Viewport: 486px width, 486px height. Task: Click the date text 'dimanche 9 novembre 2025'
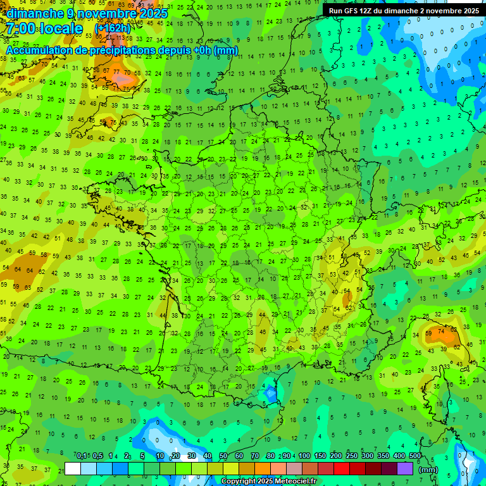coord(87,13)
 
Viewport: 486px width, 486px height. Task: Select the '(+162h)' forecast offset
coord(113,28)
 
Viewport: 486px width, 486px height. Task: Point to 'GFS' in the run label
coord(351,11)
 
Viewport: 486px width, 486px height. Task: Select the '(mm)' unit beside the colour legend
coord(428,470)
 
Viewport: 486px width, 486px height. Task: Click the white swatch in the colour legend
coord(73,469)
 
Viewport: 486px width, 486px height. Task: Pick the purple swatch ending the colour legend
coord(405,469)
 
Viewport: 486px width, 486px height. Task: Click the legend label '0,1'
coord(82,456)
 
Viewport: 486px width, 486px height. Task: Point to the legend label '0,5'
coord(97,456)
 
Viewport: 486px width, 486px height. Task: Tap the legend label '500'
coord(415,456)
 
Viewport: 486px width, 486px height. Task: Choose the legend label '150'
coord(320,456)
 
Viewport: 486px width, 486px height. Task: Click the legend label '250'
coord(352,456)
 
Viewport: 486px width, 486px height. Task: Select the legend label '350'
coord(383,456)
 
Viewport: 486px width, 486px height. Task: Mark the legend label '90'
coord(287,456)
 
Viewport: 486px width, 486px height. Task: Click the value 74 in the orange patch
coord(442,330)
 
